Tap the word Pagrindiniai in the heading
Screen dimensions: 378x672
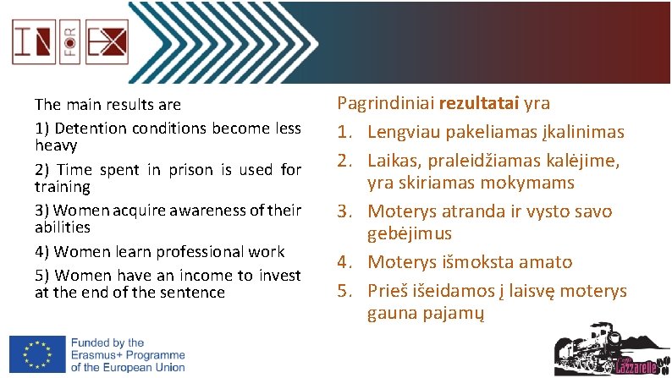385,104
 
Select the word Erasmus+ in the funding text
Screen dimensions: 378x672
104,355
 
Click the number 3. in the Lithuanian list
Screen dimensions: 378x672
347,211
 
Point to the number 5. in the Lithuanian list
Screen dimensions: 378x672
347,291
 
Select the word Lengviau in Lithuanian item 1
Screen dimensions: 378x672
403,132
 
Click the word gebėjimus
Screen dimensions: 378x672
409,233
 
